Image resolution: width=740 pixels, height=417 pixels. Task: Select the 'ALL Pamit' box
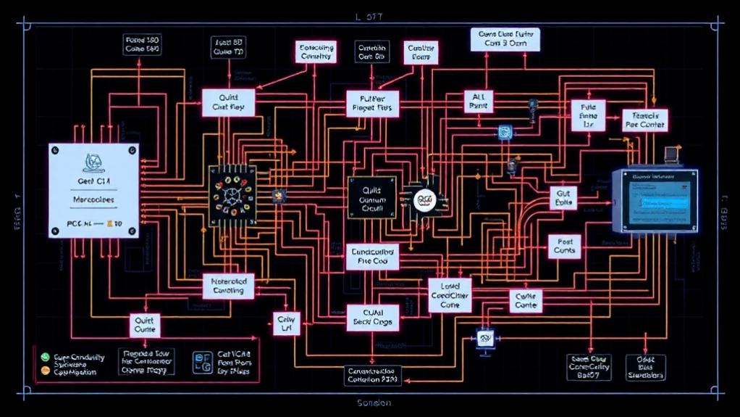(x=478, y=102)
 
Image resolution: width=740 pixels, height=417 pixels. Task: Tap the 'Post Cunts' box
(x=564, y=246)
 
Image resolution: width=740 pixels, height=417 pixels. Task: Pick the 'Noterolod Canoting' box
(x=228, y=286)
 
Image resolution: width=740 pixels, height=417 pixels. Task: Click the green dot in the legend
(x=45, y=358)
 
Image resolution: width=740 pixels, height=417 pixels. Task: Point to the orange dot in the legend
(x=45, y=370)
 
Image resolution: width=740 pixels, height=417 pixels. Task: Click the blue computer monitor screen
(x=654, y=201)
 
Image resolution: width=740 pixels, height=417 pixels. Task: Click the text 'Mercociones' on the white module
(x=92, y=198)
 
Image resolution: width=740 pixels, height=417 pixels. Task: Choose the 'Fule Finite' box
(x=588, y=115)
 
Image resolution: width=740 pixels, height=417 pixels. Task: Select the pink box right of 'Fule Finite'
(x=644, y=120)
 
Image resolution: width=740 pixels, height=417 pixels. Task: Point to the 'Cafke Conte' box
(x=526, y=301)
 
